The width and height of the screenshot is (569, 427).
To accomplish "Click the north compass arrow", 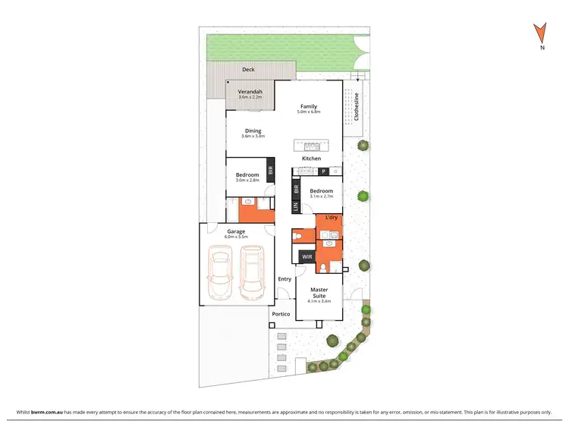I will [540, 33].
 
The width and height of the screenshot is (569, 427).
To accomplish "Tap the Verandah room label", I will [250, 92].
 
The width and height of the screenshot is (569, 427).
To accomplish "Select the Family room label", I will [308, 106].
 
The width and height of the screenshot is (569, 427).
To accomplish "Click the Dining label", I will [253, 130].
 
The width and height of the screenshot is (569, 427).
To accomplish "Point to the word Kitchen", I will [312, 159].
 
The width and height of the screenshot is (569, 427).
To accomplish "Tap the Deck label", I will [248, 69].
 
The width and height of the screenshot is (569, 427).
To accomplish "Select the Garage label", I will [236, 231].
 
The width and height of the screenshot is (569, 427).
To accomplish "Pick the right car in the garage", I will [252, 273].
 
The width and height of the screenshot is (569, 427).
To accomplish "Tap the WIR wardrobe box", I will [307, 257].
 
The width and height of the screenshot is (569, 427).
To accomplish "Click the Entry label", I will [284, 279].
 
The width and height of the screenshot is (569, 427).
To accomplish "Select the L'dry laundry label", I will [332, 218].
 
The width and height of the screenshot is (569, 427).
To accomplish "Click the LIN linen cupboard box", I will [295, 206].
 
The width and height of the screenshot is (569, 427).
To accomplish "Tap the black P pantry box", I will [322, 171].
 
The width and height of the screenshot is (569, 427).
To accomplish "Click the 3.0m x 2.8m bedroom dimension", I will [247, 181].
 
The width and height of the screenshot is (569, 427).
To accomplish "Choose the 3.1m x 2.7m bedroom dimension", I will [322, 196].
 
